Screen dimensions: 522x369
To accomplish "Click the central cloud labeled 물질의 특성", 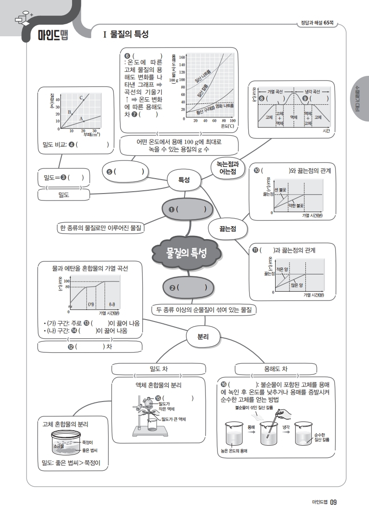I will (x=187, y=253).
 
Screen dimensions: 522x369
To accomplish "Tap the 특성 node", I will (x=184, y=180).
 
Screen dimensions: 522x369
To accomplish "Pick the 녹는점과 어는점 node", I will (x=227, y=167).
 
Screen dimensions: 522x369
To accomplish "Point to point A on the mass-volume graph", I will (x=84, y=121).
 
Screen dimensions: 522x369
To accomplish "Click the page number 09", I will (x=333, y=502).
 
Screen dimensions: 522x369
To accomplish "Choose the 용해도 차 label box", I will (x=276, y=369).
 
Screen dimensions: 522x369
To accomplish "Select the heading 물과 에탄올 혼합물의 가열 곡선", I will (x=90, y=268).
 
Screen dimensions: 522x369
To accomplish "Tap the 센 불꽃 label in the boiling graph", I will (x=281, y=190).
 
